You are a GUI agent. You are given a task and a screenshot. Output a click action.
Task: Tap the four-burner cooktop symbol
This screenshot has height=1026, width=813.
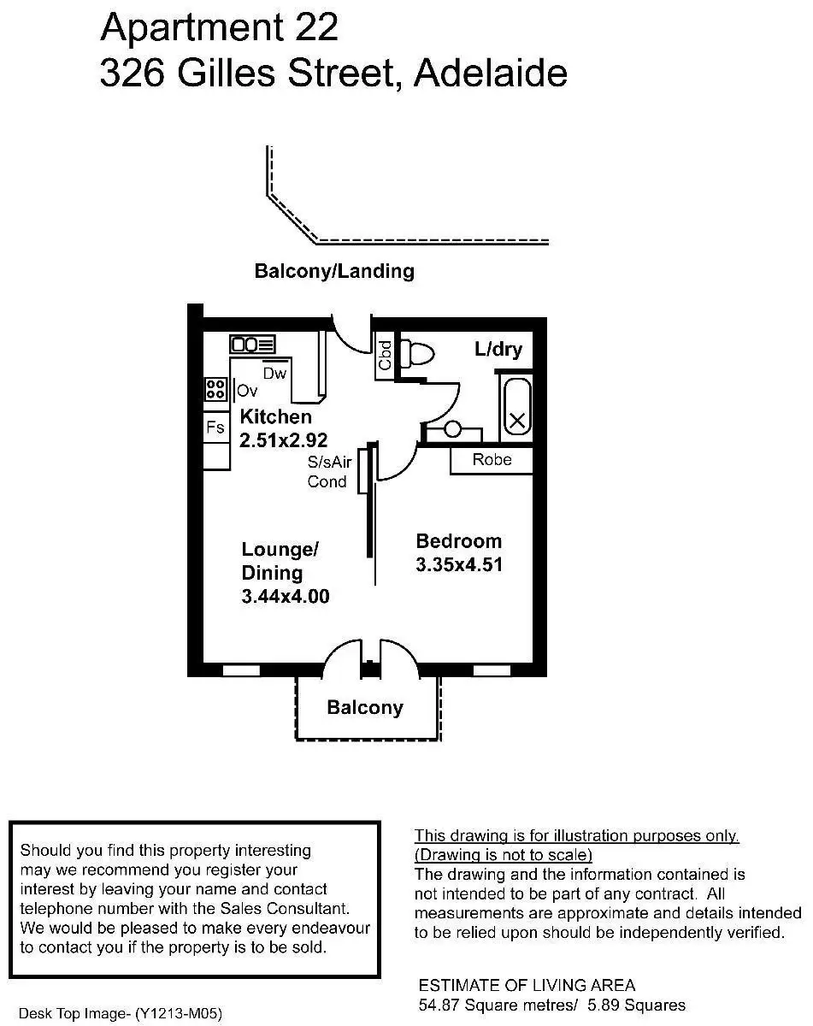(215, 390)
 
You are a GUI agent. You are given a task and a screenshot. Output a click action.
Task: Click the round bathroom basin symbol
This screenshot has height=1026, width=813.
(453, 429)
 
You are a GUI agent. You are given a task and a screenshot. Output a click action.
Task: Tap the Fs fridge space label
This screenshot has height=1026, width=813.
(215, 427)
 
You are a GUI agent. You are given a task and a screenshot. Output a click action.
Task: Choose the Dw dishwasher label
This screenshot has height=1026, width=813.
(274, 374)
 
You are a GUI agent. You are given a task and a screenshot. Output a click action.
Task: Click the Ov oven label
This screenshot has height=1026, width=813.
(247, 391)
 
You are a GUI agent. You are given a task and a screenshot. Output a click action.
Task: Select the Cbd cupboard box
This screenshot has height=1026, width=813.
(385, 356)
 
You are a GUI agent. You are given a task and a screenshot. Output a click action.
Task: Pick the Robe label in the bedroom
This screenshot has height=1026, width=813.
(492, 460)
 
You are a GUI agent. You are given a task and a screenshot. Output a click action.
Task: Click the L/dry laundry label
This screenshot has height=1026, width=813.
(498, 350)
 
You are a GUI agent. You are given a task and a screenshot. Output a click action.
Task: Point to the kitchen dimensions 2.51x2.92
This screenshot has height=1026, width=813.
(284, 440)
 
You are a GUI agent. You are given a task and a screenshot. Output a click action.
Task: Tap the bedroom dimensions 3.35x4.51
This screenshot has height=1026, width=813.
(459, 564)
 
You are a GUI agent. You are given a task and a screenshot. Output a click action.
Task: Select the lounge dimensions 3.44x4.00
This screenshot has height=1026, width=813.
(286, 597)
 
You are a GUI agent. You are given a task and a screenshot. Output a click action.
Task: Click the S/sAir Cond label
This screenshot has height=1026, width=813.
(329, 471)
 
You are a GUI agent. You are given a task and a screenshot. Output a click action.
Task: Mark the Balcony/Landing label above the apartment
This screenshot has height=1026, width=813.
(334, 271)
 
